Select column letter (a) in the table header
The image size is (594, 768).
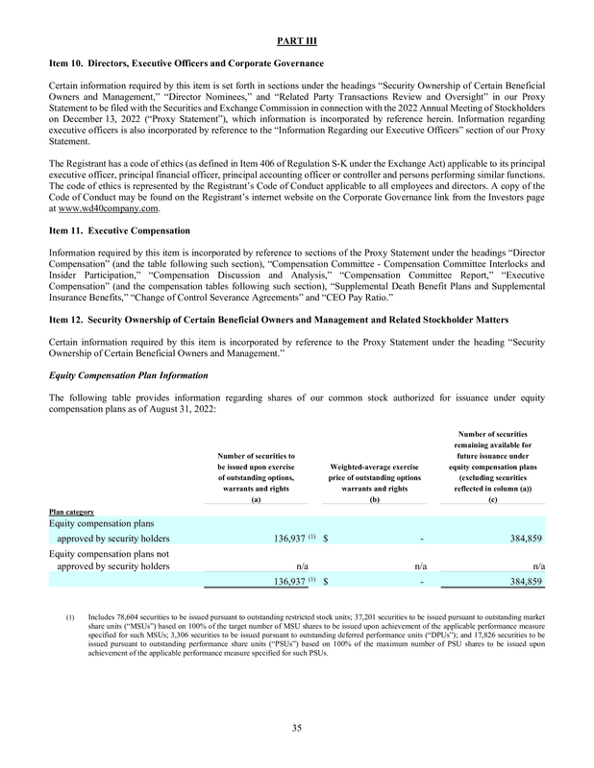point(256,500)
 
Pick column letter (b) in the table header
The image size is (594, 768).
point(375,500)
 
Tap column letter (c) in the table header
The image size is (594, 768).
point(493,500)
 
